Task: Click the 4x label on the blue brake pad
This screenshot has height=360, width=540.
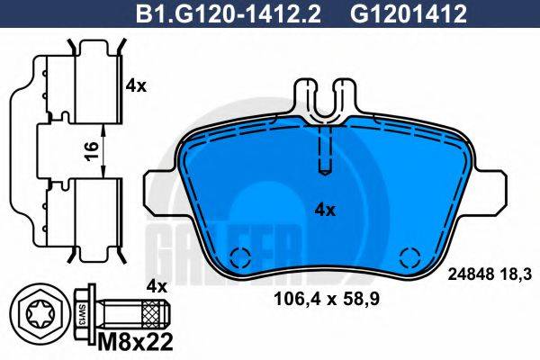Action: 324,210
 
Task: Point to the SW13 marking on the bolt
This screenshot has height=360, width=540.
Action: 81,316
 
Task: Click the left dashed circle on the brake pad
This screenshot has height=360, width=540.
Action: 241,258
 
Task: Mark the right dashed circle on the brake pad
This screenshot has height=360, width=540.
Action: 409,258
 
